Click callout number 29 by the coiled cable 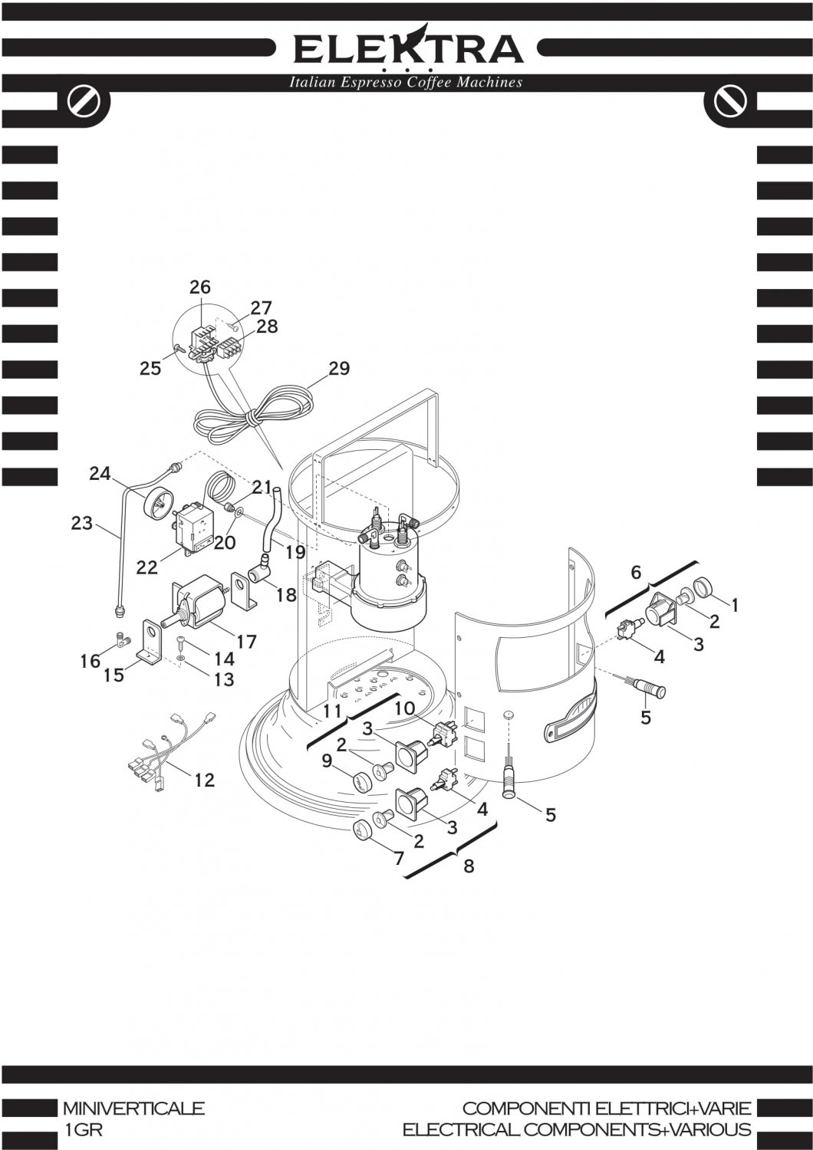(339, 369)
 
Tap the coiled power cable (253, 415)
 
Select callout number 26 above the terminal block (200, 287)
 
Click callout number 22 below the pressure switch (146, 567)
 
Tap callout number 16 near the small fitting (91, 660)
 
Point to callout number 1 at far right (734, 606)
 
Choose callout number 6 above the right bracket (636, 572)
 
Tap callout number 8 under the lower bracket (469, 866)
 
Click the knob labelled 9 (361, 783)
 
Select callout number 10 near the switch (404, 708)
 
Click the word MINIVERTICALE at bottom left (133, 1108)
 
